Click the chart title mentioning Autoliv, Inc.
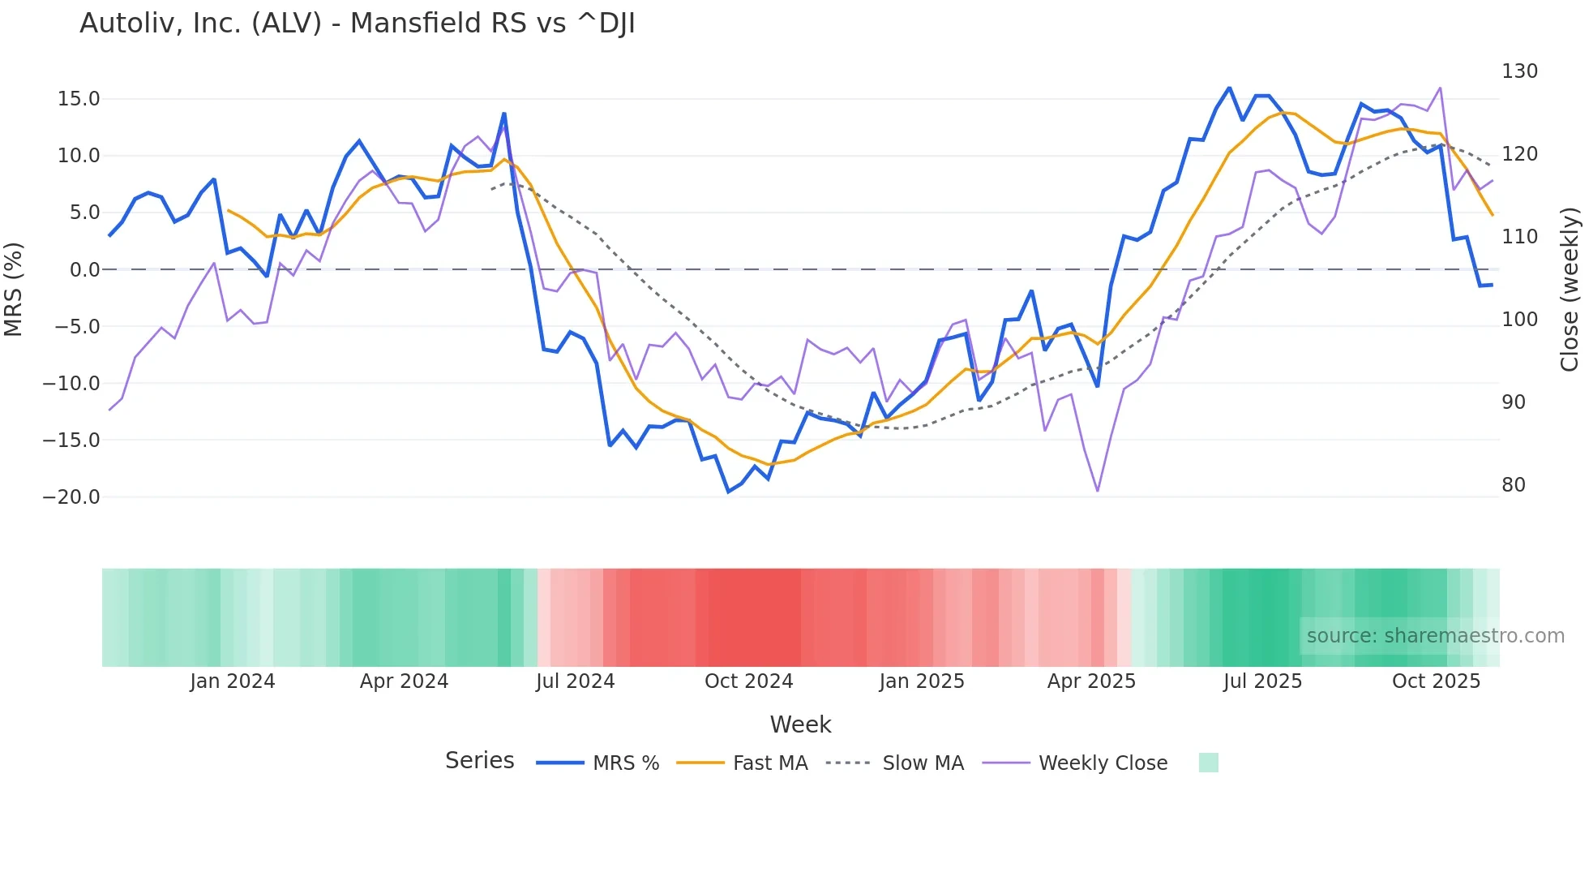[357, 24]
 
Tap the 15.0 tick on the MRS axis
[79, 99]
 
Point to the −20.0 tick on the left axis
[71, 497]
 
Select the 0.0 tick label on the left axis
[84, 270]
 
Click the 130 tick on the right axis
[1519, 71]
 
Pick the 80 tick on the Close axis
[1514, 485]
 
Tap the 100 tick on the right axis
[1519, 320]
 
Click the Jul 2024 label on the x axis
[575, 681]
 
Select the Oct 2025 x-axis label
[1436, 681]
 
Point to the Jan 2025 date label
[922, 681]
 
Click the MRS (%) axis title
[14, 290]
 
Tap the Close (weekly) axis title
[1570, 290]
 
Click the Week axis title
[800, 724]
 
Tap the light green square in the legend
[1208, 763]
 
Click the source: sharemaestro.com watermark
[1435, 636]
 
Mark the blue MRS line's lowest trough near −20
[728, 491]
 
